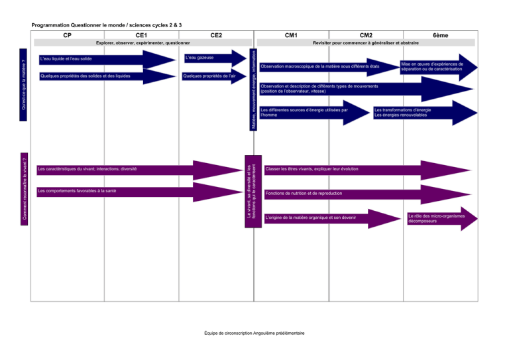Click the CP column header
click(x=67, y=35)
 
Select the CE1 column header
click(x=141, y=35)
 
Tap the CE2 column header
click(x=216, y=35)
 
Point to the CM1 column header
click(x=291, y=35)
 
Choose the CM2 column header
click(x=366, y=35)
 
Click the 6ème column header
click(x=441, y=35)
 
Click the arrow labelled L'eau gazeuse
click(x=215, y=58)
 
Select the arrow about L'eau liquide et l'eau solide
click(x=107, y=60)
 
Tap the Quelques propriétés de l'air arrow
click(x=214, y=76)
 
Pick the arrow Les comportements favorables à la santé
click(x=140, y=192)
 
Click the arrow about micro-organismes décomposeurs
click(x=443, y=219)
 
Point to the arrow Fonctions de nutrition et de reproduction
click(x=367, y=194)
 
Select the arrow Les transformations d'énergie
click(x=425, y=113)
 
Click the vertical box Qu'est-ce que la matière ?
click(x=23, y=85)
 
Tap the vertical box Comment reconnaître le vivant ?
click(x=24, y=189)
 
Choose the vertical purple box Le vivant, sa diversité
click(x=253, y=192)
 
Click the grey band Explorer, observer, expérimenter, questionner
click(x=143, y=42)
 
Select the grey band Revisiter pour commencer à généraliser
click(x=366, y=42)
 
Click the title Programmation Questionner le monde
click(x=107, y=25)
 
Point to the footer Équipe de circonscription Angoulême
click(x=254, y=333)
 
